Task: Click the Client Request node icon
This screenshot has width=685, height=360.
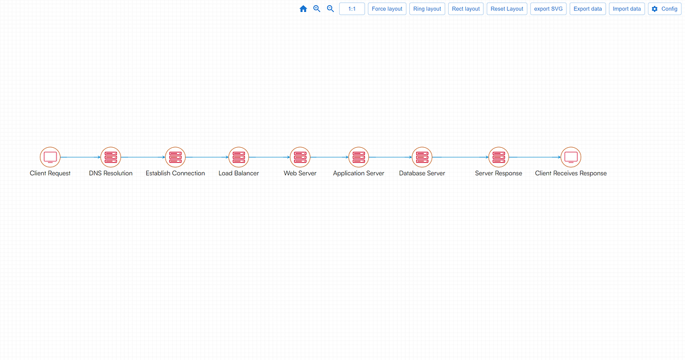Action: coord(50,157)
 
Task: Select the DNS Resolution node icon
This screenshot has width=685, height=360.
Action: coord(111,157)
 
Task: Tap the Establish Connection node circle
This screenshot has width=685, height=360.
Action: coord(175,157)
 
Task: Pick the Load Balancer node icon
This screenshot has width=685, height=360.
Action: coord(239,157)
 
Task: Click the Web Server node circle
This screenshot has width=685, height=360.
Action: coord(300,157)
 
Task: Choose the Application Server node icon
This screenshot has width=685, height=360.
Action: coord(358,157)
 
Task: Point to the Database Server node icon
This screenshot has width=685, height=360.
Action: coord(422,157)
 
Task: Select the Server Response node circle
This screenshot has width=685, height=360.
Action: coord(499,157)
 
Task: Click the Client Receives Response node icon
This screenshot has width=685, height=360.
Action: coord(571,157)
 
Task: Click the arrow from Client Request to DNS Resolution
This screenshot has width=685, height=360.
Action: coord(80,157)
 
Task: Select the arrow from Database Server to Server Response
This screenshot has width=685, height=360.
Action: coord(460,157)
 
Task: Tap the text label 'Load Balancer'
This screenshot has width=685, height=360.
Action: coord(239,173)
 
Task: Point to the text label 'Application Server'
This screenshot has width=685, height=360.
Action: coord(358,173)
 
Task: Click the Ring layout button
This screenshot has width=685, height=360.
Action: coord(427,9)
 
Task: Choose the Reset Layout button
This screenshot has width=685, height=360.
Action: coord(507,9)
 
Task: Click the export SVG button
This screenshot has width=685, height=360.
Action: coord(549,9)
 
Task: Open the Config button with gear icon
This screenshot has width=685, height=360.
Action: coord(664,9)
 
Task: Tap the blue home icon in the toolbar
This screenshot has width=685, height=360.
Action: coord(303,9)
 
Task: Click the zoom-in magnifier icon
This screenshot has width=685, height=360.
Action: coord(317,9)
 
